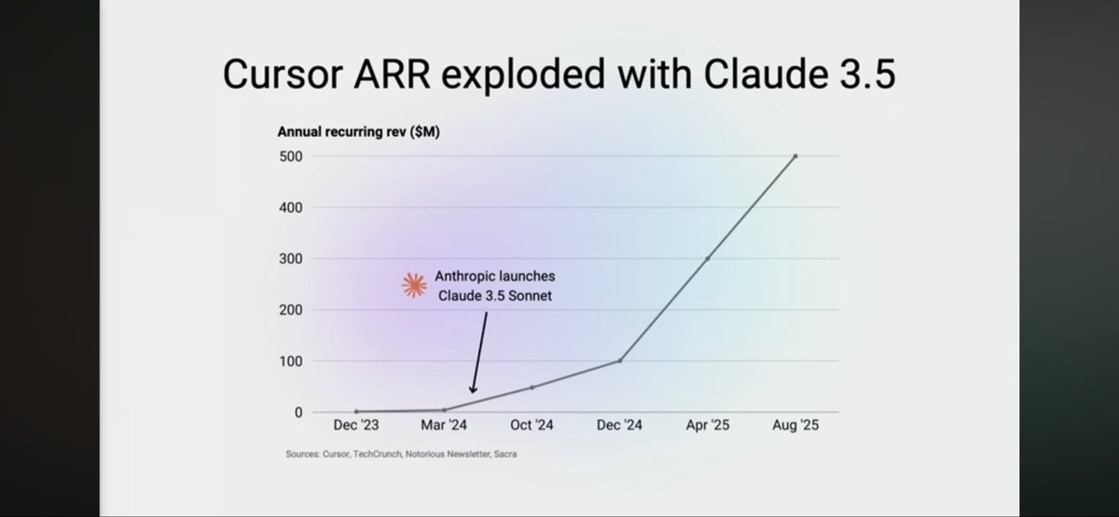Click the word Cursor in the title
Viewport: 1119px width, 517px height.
278,75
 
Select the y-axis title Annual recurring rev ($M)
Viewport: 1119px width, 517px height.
359,131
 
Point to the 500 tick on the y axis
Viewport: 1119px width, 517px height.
290,156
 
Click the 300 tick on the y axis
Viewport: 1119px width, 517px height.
290,258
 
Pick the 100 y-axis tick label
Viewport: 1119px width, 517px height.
290,361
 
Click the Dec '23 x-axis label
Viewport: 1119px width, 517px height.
355,426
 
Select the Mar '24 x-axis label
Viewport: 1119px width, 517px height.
444,426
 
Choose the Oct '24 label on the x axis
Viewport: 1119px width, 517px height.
532,426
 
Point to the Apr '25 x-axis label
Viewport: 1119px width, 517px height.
707,426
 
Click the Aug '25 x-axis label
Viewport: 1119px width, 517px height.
794,426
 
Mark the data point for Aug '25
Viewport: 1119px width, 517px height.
795,156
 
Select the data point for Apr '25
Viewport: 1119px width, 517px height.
707,258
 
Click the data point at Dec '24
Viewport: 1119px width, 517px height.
619,361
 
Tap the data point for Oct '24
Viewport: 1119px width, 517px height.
532,387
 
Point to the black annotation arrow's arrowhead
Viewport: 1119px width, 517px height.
473,391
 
